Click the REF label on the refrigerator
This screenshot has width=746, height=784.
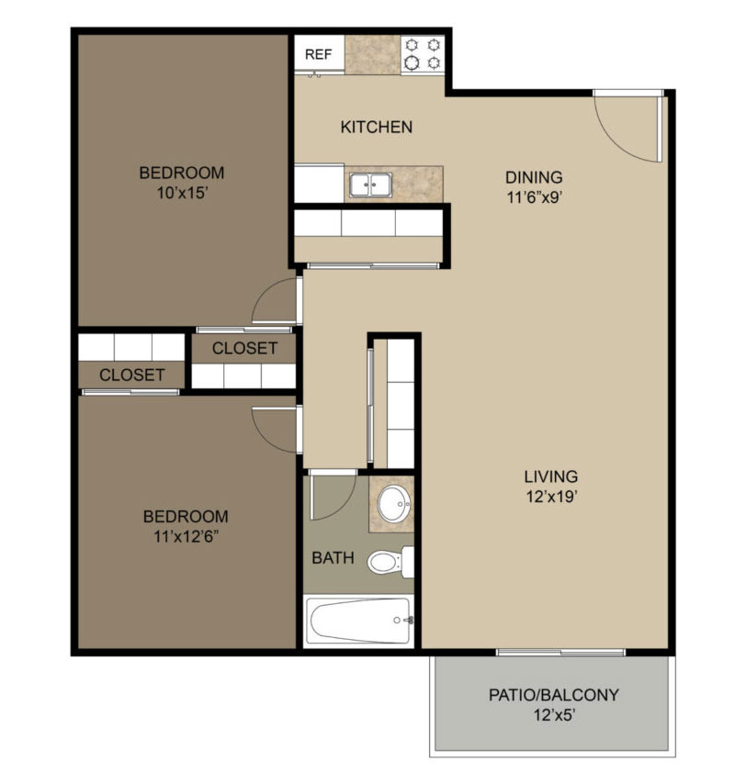click(x=318, y=54)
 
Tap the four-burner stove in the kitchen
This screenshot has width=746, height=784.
click(x=423, y=54)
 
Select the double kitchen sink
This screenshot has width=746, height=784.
click(x=371, y=185)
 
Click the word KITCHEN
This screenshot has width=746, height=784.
click(x=377, y=127)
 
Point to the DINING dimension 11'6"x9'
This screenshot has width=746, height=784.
click(x=535, y=197)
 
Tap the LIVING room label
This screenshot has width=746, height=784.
click(x=551, y=476)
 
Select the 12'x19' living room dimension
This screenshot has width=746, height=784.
click(x=552, y=497)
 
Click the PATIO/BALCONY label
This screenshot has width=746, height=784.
click(x=553, y=695)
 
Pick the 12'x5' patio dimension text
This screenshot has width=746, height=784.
click(x=553, y=715)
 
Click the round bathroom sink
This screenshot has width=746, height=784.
click(x=394, y=502)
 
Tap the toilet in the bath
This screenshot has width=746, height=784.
click(x=390, y=562)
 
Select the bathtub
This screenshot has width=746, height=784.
click(x=358, y=621)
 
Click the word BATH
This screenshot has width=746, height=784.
click(x=333, y=557)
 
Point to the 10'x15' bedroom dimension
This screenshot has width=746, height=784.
click(x=182, y=193)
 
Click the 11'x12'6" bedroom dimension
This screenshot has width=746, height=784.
click(x=186, y=536)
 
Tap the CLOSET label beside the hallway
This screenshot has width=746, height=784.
click(x=244, y=348)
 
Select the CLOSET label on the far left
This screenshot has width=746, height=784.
click(x=132, y=375)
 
